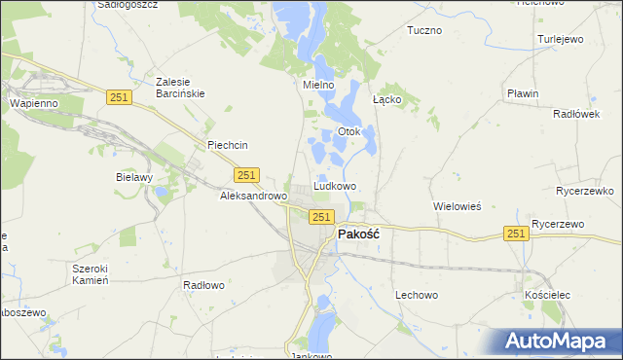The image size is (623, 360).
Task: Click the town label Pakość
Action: tap(358, 234)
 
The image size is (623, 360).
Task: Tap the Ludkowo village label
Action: tap(335, 185)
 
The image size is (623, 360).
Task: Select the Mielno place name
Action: tap(318, 85)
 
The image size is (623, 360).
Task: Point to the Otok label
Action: tap(348, 131)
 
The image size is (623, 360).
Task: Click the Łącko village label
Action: tap(387, 99)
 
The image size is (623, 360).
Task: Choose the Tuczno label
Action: tap(424, 30)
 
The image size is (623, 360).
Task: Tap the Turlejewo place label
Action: tap(560, 40)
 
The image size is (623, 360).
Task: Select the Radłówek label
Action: tap(574, 113)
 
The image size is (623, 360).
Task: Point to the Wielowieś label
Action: tap(458, 206)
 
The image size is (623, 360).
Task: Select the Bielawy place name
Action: tap(134, 178)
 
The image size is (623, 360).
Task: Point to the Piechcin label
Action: tap(228, 145)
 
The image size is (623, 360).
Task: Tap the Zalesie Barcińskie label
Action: tap(180, 88)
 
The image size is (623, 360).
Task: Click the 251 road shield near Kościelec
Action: tap(517, 234)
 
